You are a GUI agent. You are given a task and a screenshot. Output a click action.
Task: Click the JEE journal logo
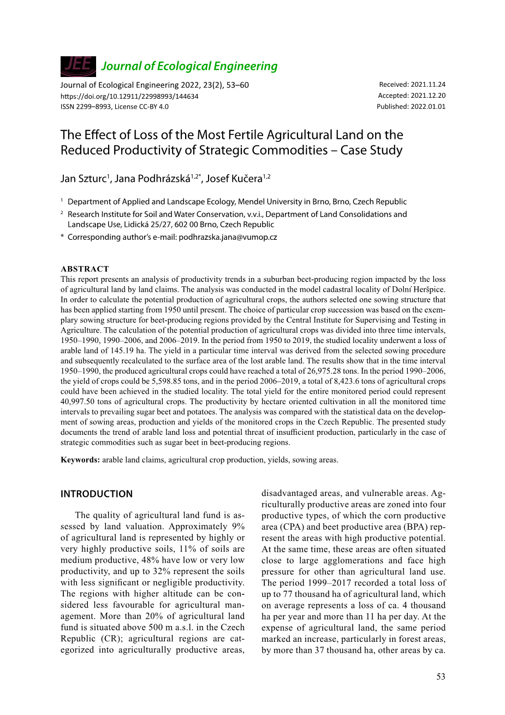point(78,66)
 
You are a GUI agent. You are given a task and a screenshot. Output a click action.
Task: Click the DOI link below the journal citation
point(129,96)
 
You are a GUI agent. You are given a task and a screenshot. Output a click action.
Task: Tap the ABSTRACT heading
point(85,269)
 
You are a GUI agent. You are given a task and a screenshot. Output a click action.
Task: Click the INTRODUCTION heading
point(96,494)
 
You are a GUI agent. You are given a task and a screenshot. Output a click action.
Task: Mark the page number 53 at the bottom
point(441,677)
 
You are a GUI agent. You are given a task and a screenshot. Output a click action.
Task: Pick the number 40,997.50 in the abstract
point(80,401)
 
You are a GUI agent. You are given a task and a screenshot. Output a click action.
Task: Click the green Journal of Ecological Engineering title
point(189,66)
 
